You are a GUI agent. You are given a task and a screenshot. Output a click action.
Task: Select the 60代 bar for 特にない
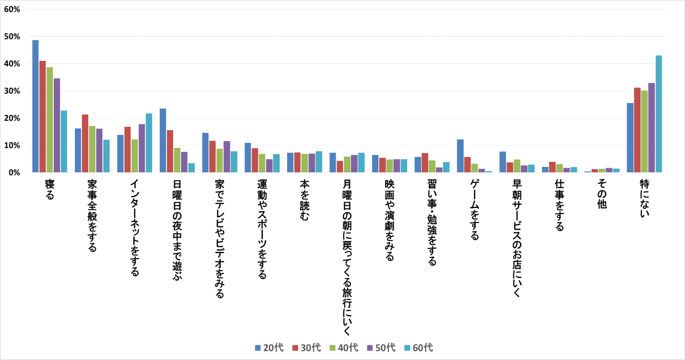click(659, 114)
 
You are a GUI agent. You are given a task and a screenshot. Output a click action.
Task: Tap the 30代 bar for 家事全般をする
click(85, 144)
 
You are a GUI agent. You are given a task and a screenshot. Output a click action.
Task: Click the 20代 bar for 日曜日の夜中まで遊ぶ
click(163, 141)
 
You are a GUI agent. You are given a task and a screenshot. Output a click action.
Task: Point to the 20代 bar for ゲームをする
click(460, 156)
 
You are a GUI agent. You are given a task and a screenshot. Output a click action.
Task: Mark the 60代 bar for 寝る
click(64, 142)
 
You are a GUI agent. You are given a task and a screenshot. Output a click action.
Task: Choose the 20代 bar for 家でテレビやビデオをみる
click(205, 153)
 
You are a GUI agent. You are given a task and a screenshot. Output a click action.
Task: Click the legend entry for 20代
click(269, 348)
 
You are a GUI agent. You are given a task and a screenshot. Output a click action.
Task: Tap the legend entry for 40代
click(344, 348)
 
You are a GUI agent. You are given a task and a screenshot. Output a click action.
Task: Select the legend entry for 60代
click(419, 348)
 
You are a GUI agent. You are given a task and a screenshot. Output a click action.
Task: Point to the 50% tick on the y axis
click(12, 37)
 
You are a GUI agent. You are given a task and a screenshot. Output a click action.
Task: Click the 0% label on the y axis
click(14, 172)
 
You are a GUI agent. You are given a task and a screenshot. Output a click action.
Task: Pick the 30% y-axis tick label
click(12, 91)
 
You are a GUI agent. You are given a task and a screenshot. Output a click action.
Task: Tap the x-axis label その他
click(602, 194)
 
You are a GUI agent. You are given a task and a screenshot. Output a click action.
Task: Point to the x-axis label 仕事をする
click(559, 205)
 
